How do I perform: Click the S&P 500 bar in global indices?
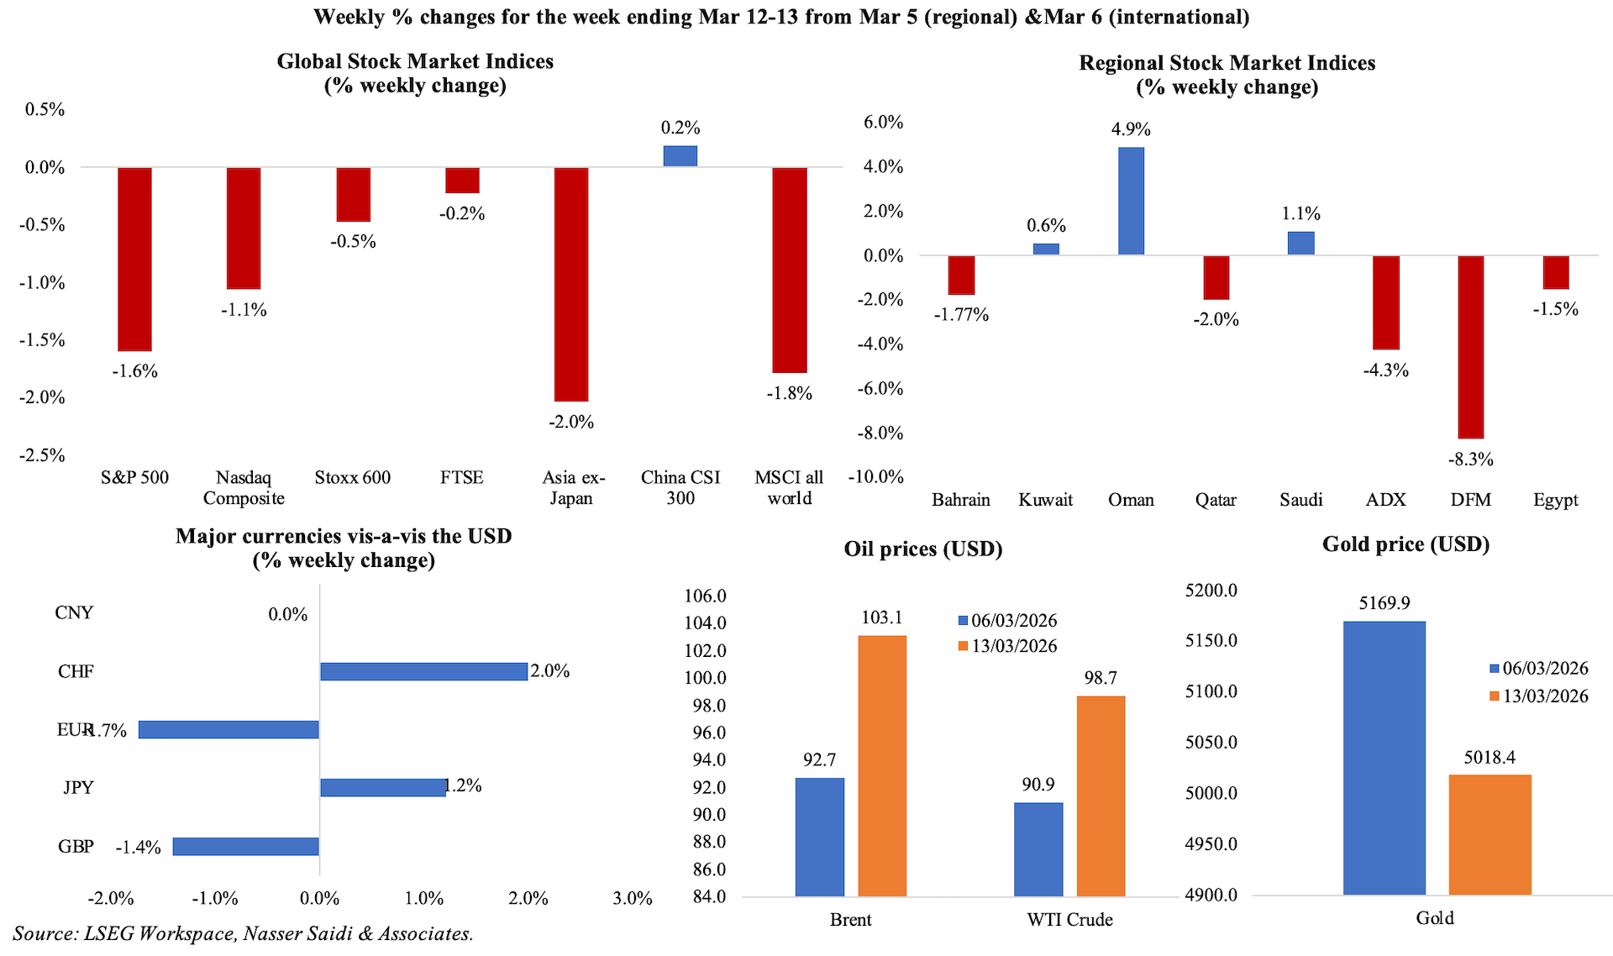134,259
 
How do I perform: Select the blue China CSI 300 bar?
680,156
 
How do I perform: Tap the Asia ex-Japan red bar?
571,284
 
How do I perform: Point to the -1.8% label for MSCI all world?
789,393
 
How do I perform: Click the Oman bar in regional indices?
1131,201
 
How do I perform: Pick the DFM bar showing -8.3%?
1470,346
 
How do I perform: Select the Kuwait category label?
1045,500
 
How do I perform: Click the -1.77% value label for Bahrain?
961,315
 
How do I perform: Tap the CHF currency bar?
423,671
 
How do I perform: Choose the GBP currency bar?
245,846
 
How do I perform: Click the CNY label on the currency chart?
74,612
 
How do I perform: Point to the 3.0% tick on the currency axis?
633,898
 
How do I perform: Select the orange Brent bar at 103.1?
882,765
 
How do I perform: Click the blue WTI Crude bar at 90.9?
1038,849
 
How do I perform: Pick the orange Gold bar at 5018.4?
1490,834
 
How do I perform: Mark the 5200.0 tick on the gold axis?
1211,591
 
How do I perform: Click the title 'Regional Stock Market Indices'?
1227,63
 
